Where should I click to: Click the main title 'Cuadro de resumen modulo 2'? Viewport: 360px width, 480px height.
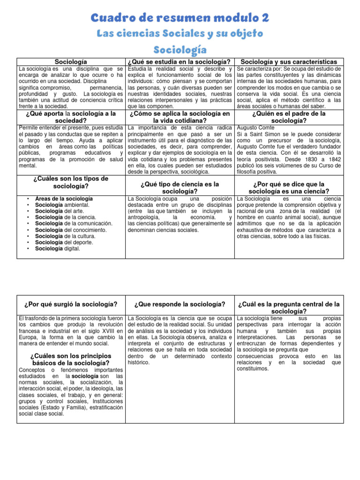click(x=180, y=18)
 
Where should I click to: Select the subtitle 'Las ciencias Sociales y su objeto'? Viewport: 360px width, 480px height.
click(x=180, y=34)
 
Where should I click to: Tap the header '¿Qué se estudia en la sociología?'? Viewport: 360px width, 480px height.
click(x=180, y=62)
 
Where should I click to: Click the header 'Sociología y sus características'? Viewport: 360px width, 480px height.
click(x=288, y=62)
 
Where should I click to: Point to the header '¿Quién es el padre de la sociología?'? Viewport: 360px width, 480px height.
click(x=288, y=117)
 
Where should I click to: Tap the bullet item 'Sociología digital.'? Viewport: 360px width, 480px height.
click(x=57, y=249)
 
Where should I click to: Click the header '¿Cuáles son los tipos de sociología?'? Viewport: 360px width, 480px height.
click(x=71, y=182)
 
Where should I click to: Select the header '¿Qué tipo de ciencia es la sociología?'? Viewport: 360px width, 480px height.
click(x=180, y=187)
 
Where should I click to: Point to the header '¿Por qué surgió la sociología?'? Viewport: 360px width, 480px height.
click(x=71, y=305)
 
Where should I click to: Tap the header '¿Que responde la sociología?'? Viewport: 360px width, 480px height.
click(x=180, y=305)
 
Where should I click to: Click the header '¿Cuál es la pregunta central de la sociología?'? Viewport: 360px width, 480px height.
click(x=288, y=308)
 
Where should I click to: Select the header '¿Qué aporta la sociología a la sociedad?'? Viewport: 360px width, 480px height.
click(x=71, y=117)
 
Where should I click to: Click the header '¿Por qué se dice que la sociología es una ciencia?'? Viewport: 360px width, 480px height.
click(x=288, y=187)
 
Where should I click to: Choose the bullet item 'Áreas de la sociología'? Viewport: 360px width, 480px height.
click(x=63, y=199)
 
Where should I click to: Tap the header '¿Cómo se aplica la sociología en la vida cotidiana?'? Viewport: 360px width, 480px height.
click(x=180, y=117)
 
